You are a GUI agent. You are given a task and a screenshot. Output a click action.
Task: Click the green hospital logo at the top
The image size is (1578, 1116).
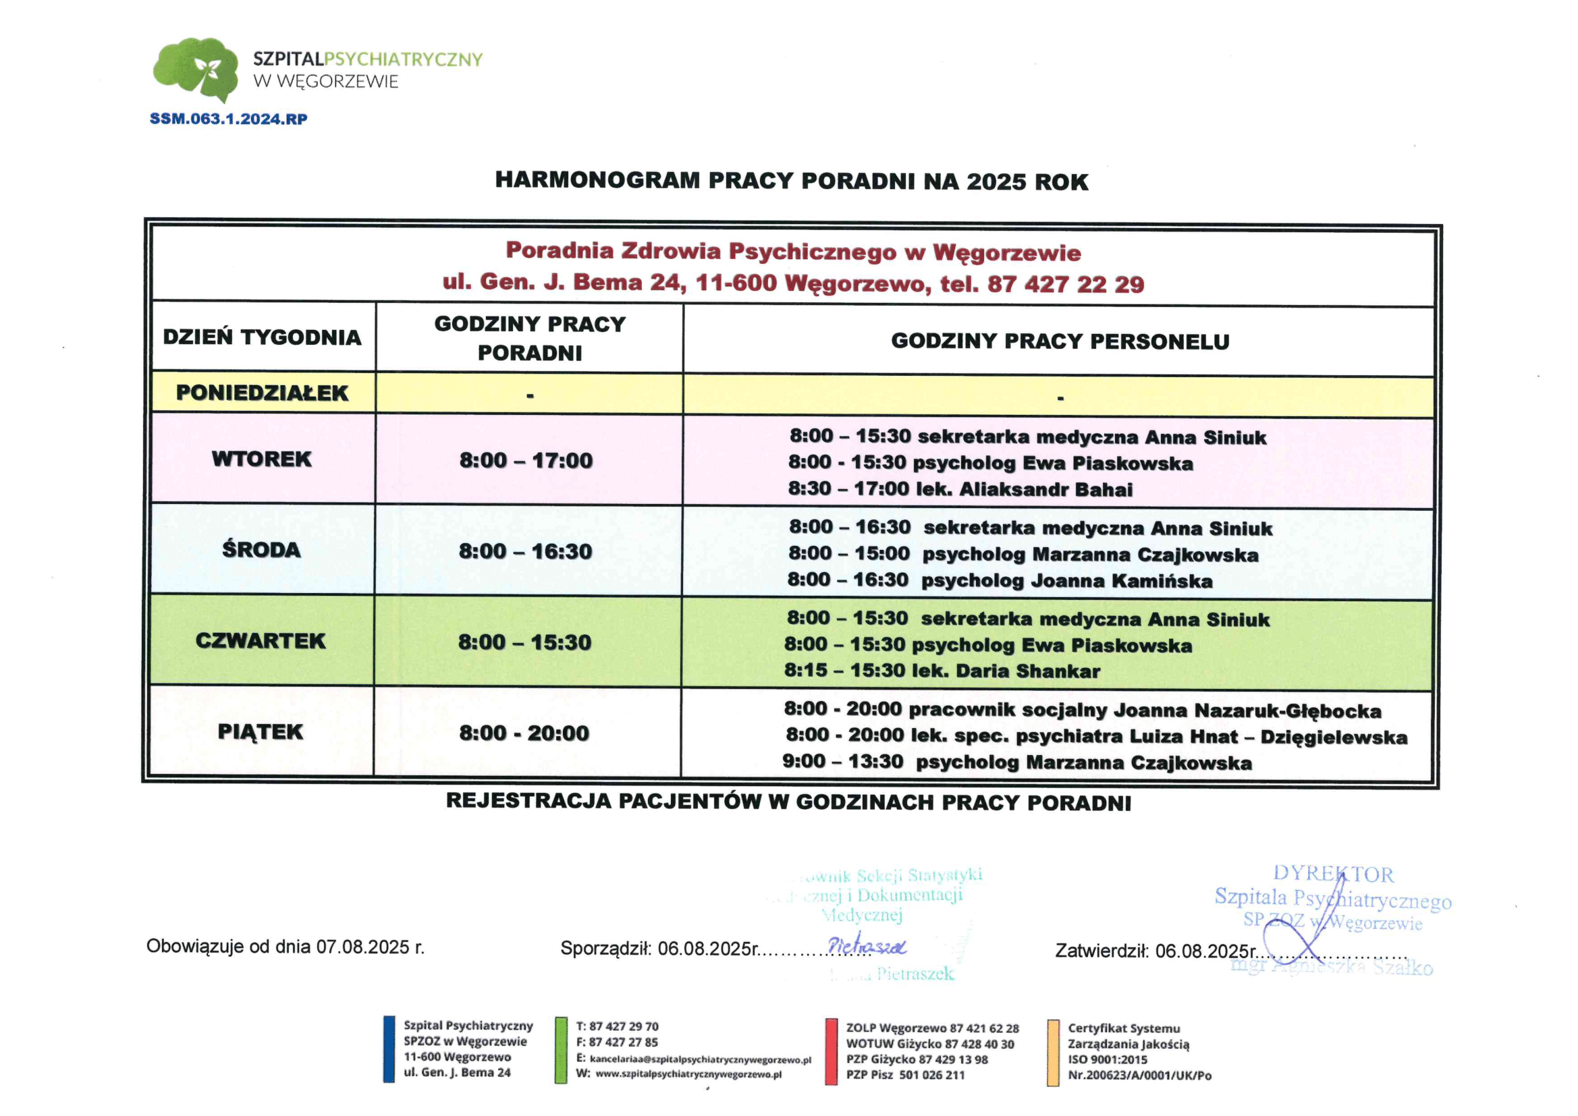196,69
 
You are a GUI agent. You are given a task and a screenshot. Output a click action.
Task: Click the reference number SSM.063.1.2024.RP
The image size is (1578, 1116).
228,119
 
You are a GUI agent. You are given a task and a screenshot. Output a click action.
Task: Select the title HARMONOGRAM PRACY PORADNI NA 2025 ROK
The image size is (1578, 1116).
791,181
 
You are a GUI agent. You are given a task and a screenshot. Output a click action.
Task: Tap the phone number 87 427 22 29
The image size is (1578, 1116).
1065,284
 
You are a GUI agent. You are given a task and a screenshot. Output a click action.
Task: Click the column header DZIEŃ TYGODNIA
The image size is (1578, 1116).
262,337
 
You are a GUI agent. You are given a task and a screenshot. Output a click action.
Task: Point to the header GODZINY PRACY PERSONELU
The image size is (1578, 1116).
1060,341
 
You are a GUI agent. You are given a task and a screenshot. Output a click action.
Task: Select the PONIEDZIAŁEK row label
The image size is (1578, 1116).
262,393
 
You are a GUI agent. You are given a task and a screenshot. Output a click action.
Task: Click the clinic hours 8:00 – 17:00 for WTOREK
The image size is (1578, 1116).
526,459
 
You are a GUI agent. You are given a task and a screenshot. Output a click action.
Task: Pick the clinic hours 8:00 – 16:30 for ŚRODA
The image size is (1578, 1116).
525,551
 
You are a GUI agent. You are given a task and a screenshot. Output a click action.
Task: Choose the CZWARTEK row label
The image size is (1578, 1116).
261,640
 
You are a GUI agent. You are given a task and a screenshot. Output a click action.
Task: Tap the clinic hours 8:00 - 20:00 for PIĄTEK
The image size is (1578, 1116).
524,733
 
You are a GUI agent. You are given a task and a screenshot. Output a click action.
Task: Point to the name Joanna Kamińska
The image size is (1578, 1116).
1122,581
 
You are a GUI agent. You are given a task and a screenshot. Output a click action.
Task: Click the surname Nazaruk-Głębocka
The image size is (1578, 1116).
1287,710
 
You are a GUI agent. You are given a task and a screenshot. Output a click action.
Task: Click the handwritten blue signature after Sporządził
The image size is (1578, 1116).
867,946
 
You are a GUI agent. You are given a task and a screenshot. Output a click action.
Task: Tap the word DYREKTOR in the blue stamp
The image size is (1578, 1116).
1333,874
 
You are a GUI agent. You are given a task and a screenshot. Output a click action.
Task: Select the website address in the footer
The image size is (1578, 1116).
688,1075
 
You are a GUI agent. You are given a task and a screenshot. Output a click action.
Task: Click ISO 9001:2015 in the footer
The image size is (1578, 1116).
1107,1059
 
